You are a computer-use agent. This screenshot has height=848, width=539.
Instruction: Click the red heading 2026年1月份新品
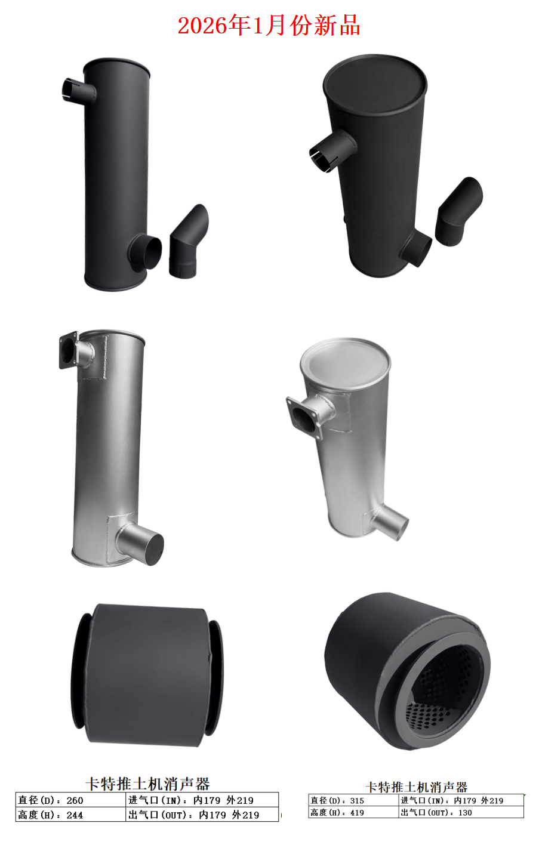tap(269, 26)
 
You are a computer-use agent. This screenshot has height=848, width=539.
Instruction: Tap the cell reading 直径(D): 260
tap(71, 800)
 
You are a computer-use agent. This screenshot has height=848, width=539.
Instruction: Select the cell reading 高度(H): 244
tap(71, 815)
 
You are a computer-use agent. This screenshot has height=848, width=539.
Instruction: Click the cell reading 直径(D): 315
tap(354, 800)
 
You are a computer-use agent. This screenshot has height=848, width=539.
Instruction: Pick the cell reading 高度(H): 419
tap(354, 812)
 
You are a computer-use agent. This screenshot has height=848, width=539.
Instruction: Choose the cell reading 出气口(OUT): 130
tap(461, 812)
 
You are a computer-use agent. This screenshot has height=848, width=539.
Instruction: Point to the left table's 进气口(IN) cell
tap(202, 800)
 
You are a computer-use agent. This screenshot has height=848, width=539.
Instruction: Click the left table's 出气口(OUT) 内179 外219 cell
tap(202, 815)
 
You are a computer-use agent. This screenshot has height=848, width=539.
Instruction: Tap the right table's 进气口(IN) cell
tap(461, 800)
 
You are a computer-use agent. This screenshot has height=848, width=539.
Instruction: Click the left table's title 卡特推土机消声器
tap(147, 784)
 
